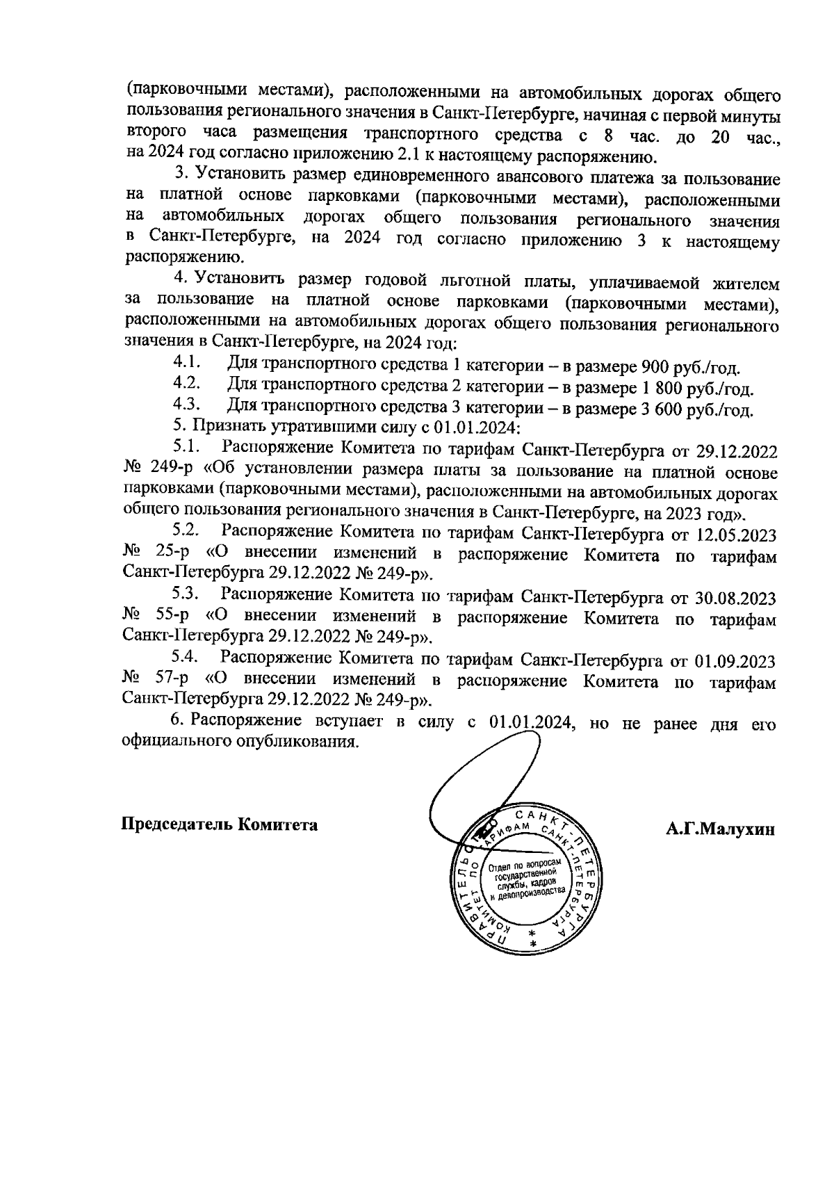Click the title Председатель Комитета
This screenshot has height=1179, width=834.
(x=220, y=824)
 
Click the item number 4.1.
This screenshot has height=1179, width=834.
(x=187, y=362)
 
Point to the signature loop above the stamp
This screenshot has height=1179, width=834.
(x=486, y=779)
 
